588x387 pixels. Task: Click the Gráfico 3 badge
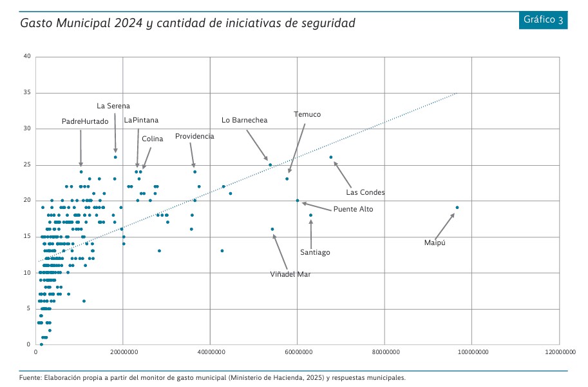(x=544, y=19)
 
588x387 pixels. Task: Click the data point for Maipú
(x=457, y=208)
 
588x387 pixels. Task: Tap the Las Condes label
(x=365, y=192)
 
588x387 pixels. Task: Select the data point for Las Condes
(x=331, y=157)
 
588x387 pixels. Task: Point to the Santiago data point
(x=310, y=215)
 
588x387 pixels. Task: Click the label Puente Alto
(x=353, y=209)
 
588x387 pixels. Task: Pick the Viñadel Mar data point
(x=272, y=229)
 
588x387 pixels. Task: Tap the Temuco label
(x=307, y=114)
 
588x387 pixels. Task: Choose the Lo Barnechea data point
(x=270, y=164)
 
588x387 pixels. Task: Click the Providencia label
(x=194, y=137)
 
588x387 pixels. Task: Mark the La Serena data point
(x=115, y=157)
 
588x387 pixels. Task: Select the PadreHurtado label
(x=85, y=121)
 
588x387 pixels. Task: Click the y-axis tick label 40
(x=27, y=57)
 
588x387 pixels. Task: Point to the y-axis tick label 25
(x=27, y=164)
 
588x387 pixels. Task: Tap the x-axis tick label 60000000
(x=298, y=352)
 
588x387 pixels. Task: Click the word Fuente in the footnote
(x=31, y=378)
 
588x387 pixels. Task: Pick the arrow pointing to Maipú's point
(x=444, y=226)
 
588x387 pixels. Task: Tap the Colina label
(x=153, y=139)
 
